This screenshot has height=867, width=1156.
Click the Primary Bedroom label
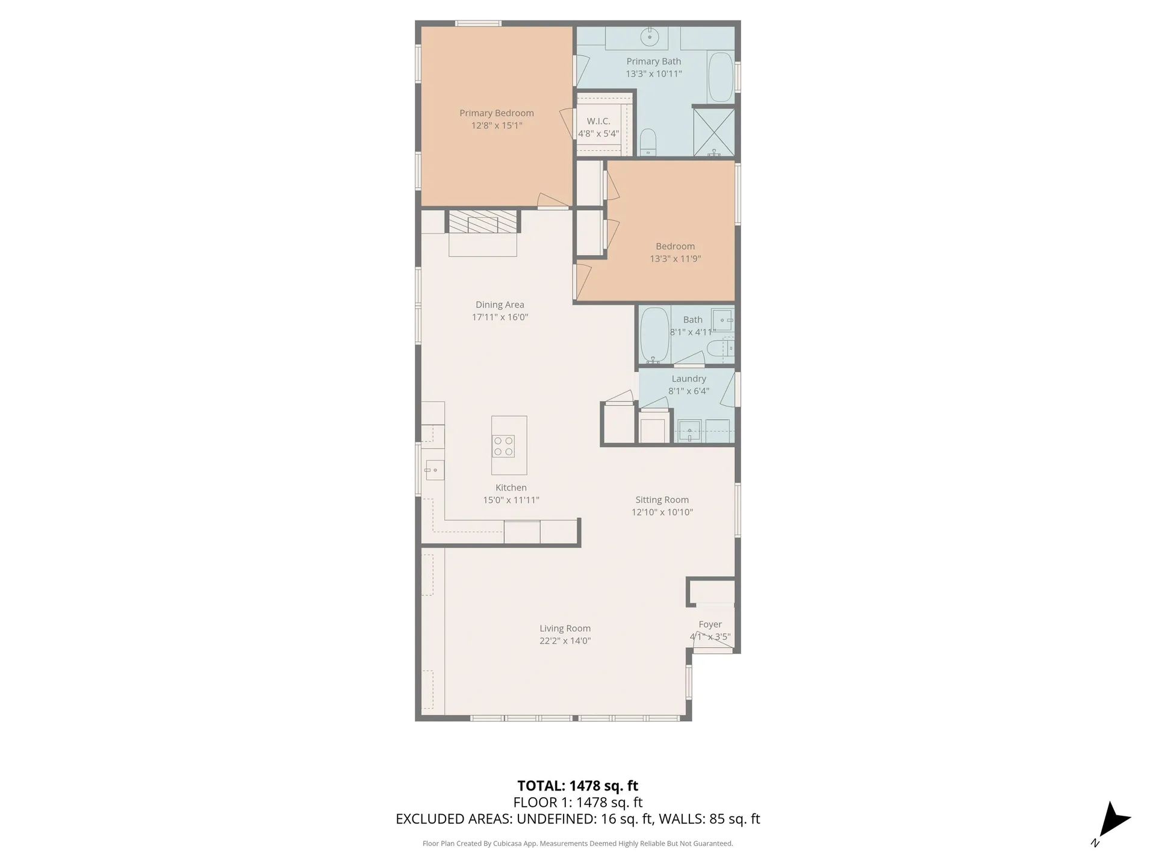(496, 113)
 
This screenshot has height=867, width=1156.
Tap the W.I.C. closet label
(598, 122)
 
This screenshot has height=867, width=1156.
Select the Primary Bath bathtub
(720, 78)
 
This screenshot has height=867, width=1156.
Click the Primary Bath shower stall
(714, 131)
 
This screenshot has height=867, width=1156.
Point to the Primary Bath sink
(649, 37)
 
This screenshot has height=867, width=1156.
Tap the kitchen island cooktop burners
(503, 446)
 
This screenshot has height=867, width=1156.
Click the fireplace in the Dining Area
(483, 222)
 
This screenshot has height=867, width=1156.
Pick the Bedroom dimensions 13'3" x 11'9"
(675, 259)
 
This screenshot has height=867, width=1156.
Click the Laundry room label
(688, 379)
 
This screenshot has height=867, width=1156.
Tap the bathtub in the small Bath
(654, 335)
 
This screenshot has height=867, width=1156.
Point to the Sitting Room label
(662, 500)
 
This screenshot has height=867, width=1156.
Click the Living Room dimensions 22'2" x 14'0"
(565, 641)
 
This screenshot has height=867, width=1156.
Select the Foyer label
(710, 624)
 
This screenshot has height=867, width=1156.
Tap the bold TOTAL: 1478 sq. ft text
(577, 786)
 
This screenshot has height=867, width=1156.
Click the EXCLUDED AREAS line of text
(577, 819)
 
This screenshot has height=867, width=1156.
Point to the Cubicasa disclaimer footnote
(577, 844)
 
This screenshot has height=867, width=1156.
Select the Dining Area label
(500, 305)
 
